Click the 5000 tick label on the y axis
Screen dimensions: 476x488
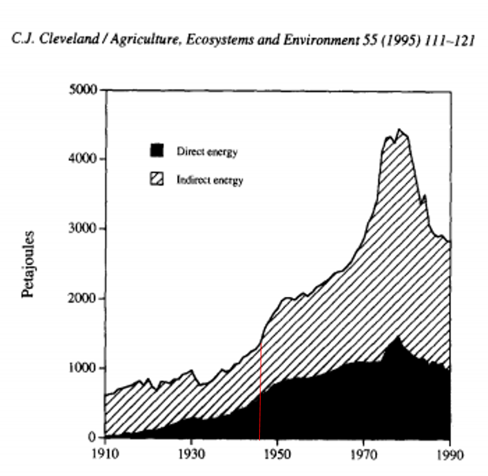82,89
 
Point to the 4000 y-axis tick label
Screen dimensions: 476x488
82,159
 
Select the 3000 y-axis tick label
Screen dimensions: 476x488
82,229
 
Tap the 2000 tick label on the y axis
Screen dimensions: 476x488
82,298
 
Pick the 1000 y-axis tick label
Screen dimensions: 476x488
82,368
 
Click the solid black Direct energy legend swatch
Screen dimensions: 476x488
157,150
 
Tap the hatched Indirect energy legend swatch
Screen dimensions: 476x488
157,178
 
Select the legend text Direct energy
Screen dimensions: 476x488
207,150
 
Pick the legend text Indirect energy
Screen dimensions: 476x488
210,179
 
